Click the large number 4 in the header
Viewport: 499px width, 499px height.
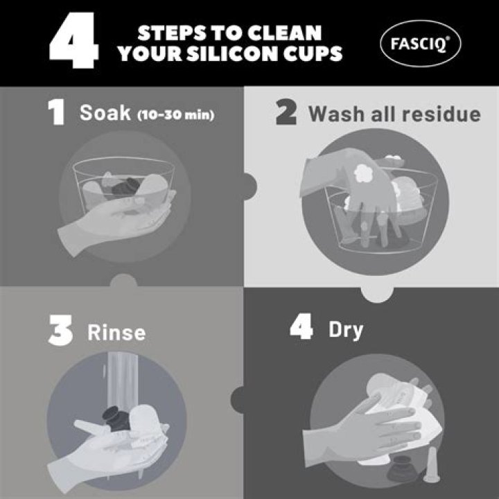tap(73, 40)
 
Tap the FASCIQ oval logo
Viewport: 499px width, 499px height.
tap(421, 43)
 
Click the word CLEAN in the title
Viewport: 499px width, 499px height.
tap(284, 33)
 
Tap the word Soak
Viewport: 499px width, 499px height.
tap(105, 113)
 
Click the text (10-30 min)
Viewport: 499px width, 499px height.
tap(175, 114)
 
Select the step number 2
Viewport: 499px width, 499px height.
tap(286, 112)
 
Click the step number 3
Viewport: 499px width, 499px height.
tap(60, 332)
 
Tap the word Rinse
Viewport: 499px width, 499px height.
tap(116, 333)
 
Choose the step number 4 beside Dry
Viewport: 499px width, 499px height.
tap(301, 328)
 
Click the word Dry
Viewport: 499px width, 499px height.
tap(346, 331)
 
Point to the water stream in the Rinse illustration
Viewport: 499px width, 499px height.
tap(123, 382)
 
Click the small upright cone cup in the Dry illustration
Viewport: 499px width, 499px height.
tap(432, 465)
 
